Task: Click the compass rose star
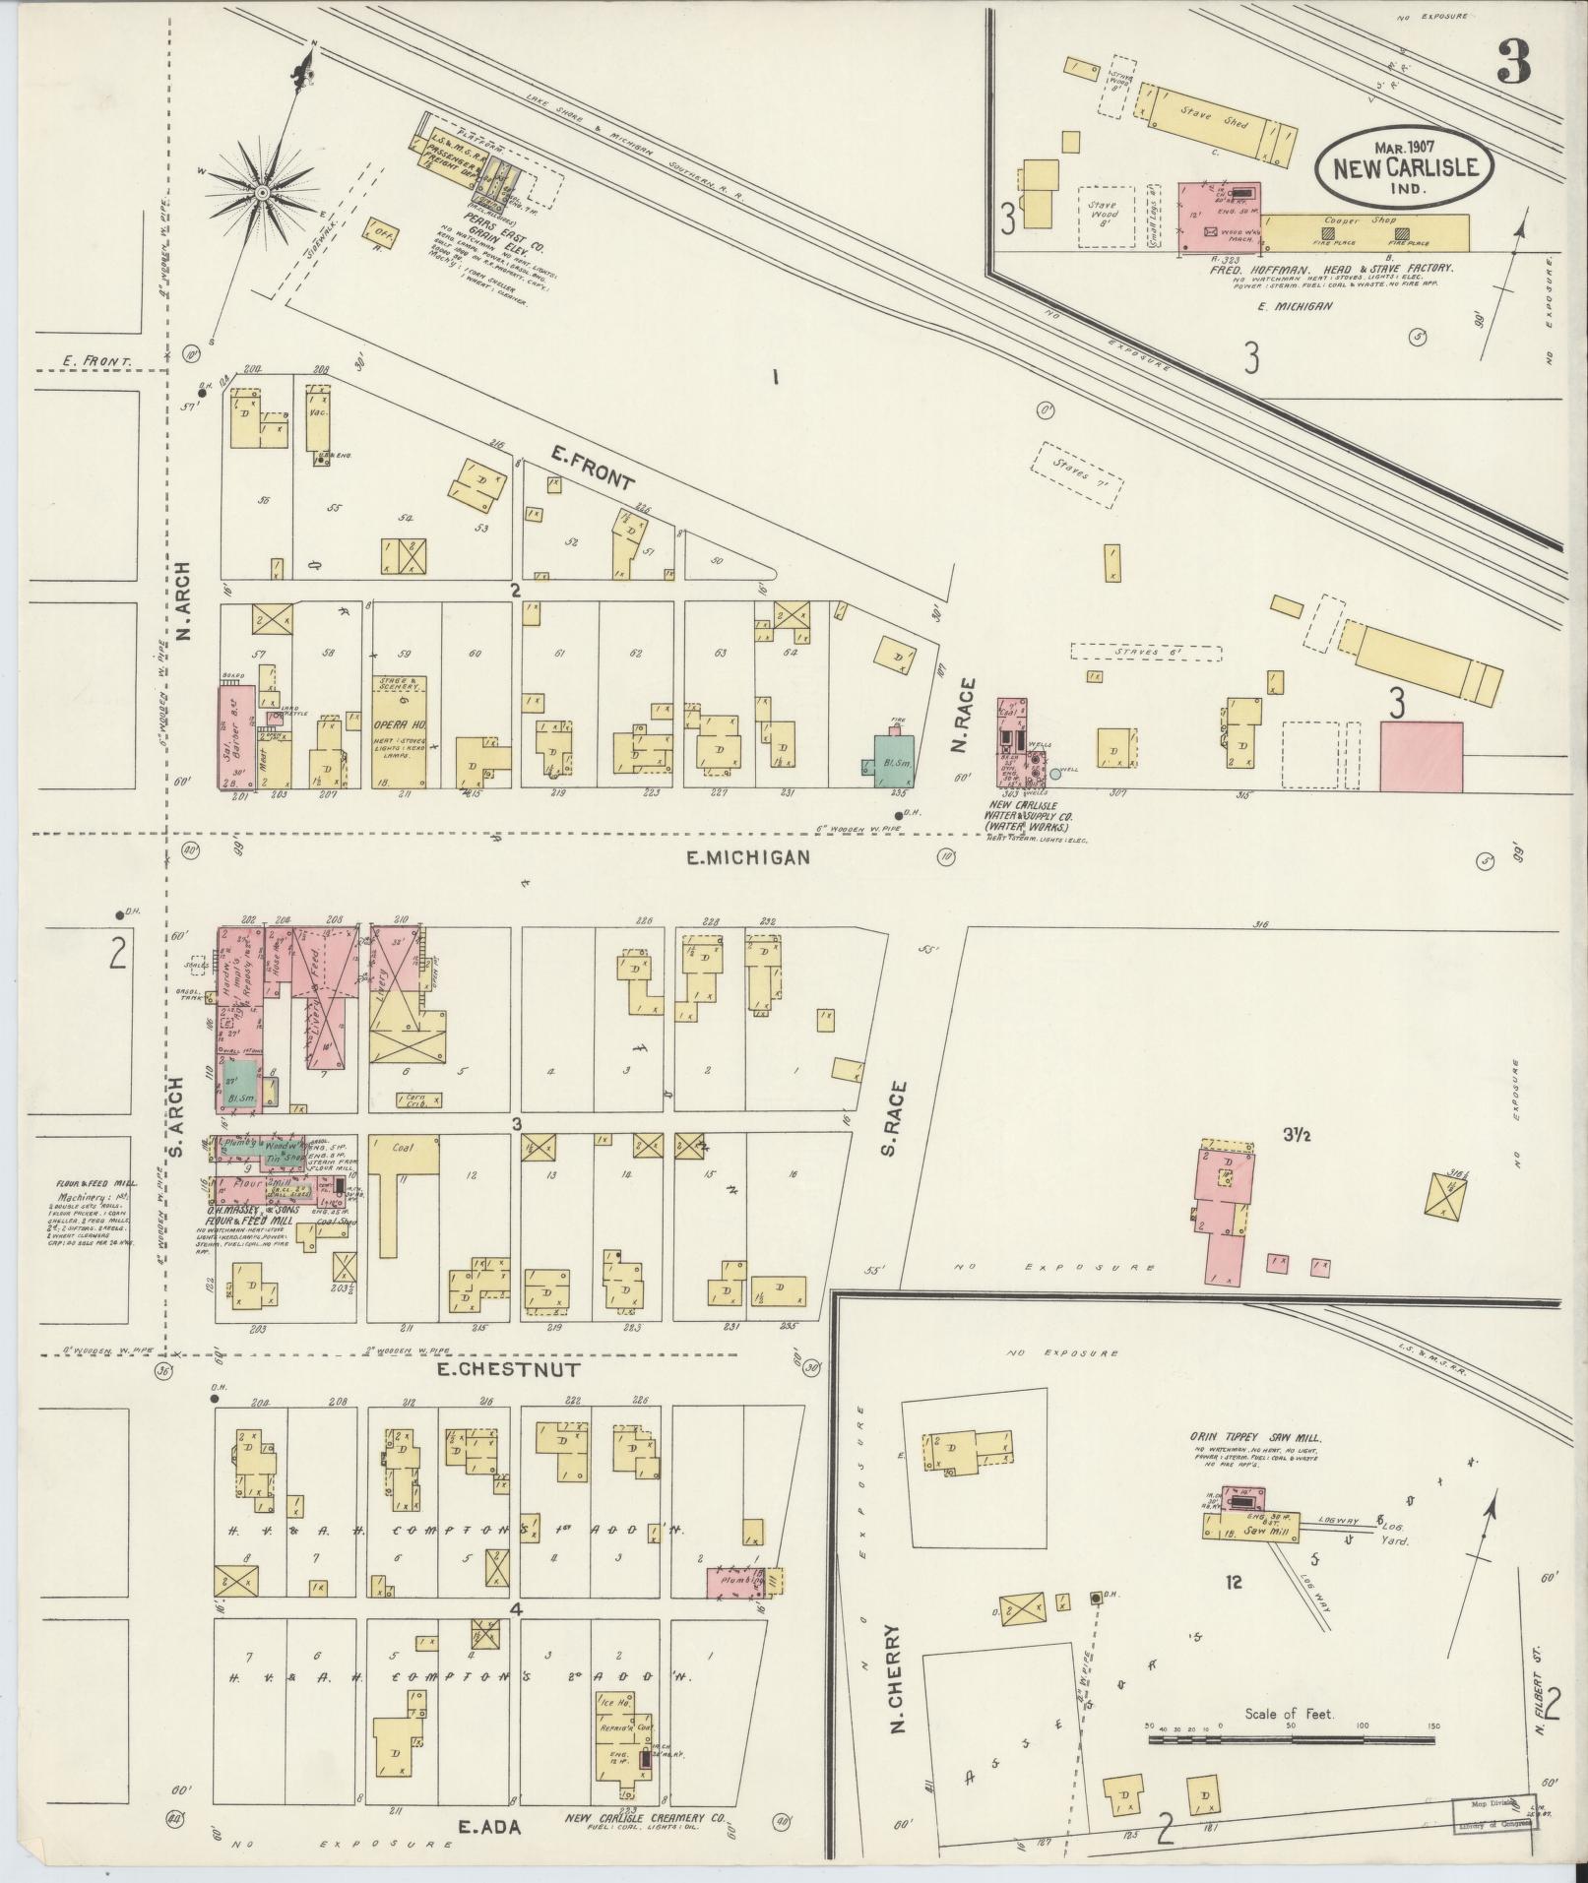[263, 192]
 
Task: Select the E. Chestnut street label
[503, 1369]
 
